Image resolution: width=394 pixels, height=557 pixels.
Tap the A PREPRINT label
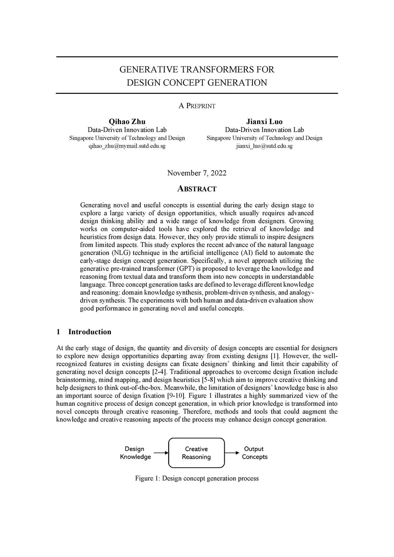[197, 106]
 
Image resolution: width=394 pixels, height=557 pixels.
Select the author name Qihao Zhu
[127, 122]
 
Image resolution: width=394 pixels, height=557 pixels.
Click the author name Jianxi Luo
[264, 122]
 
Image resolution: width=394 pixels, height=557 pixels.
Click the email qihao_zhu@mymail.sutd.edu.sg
[127, 146]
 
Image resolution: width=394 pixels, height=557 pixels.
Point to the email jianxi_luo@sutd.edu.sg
[264, 146]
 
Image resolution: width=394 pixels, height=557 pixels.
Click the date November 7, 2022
[197, 173]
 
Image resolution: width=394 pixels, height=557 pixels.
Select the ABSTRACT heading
[197, 189]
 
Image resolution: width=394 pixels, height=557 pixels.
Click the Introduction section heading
[89, 332]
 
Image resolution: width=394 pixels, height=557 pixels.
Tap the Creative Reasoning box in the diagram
[196, 453]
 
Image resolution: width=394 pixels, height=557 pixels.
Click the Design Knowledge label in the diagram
[135, 453]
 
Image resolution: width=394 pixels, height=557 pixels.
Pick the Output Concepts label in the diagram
[254, 453]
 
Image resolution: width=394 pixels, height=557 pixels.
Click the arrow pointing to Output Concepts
[232, 453]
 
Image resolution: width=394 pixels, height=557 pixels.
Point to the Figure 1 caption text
[197, 479]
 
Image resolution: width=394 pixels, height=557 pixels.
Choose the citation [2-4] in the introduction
[159, 372]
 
